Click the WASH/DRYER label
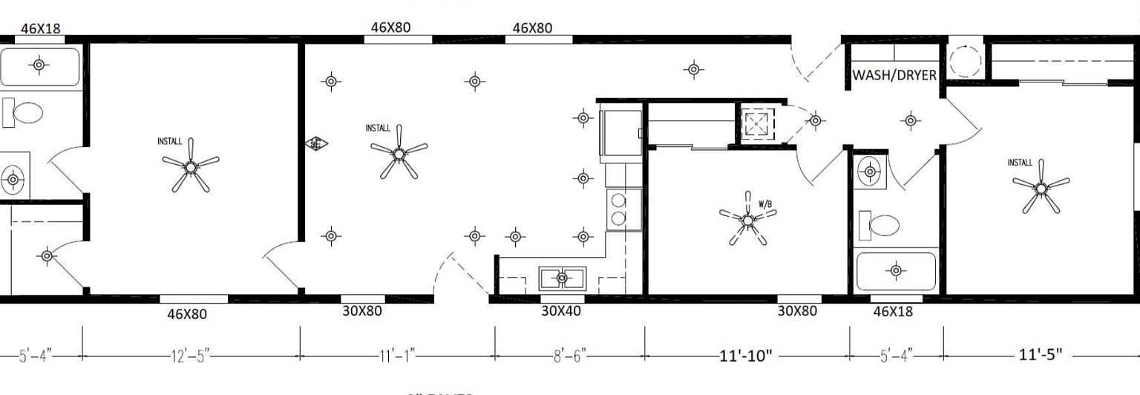point(894,75)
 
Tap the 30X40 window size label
point(560,310)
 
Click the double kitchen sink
point(562,278)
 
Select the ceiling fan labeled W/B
point(747,219)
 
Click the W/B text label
point(766,203)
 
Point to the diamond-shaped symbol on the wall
point(316,144)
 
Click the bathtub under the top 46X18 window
point(39,66)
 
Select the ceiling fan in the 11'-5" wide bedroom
point(1041,189)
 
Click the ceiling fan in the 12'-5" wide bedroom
point(191,168)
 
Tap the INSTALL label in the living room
point(378,128)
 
